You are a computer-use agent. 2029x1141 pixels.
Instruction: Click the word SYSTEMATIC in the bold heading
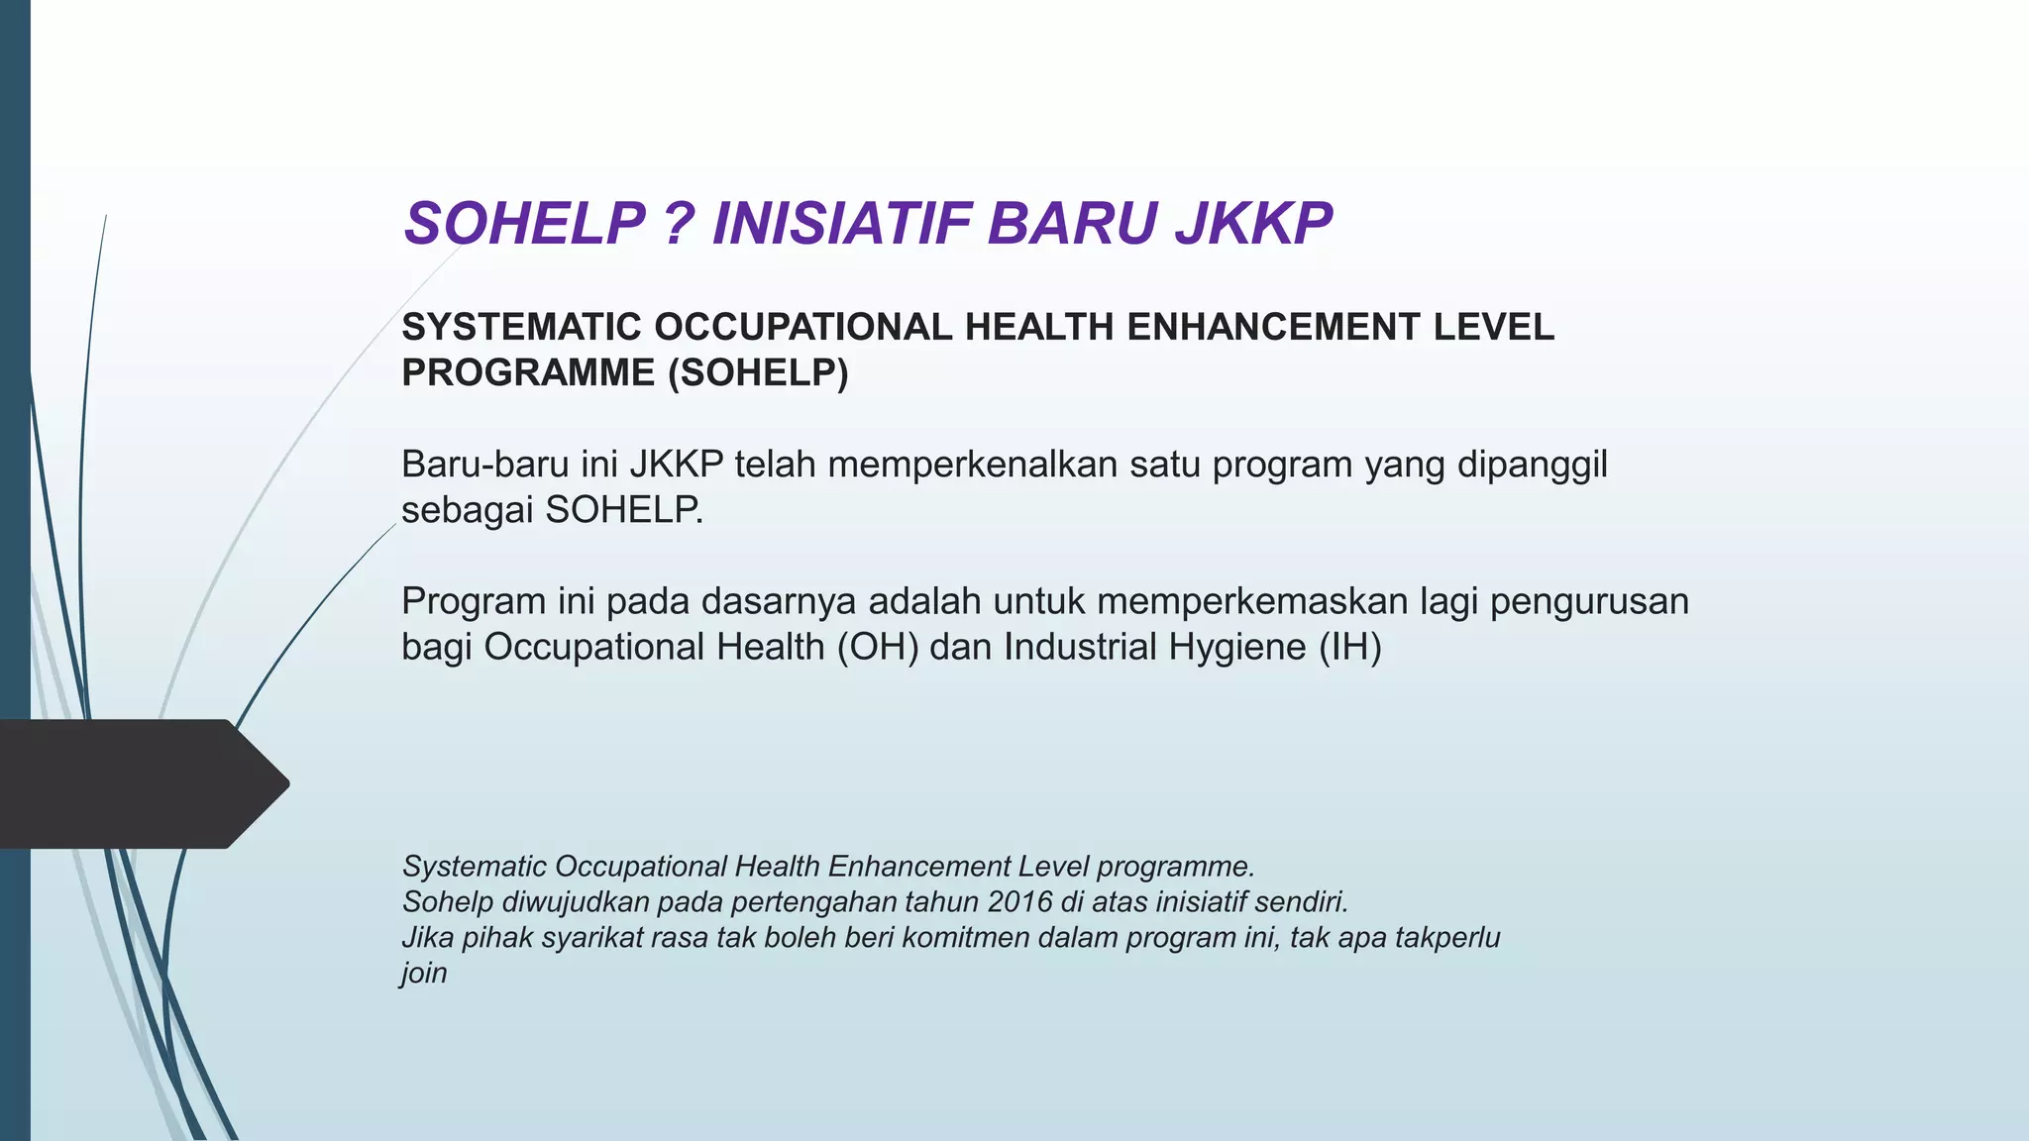[x=522, y=327]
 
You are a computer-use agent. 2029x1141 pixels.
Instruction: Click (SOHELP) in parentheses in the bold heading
[x=758, y=372]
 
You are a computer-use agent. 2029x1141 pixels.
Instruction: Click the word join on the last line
[x=424, y=973]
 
